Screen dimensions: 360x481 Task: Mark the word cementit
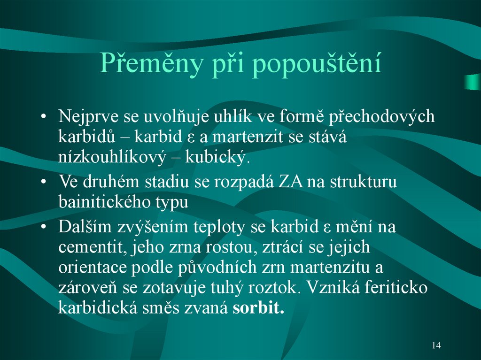tap(89, 247)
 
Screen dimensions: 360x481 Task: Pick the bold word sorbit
tap(259, 308)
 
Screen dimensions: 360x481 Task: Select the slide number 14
tap(436, 345)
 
